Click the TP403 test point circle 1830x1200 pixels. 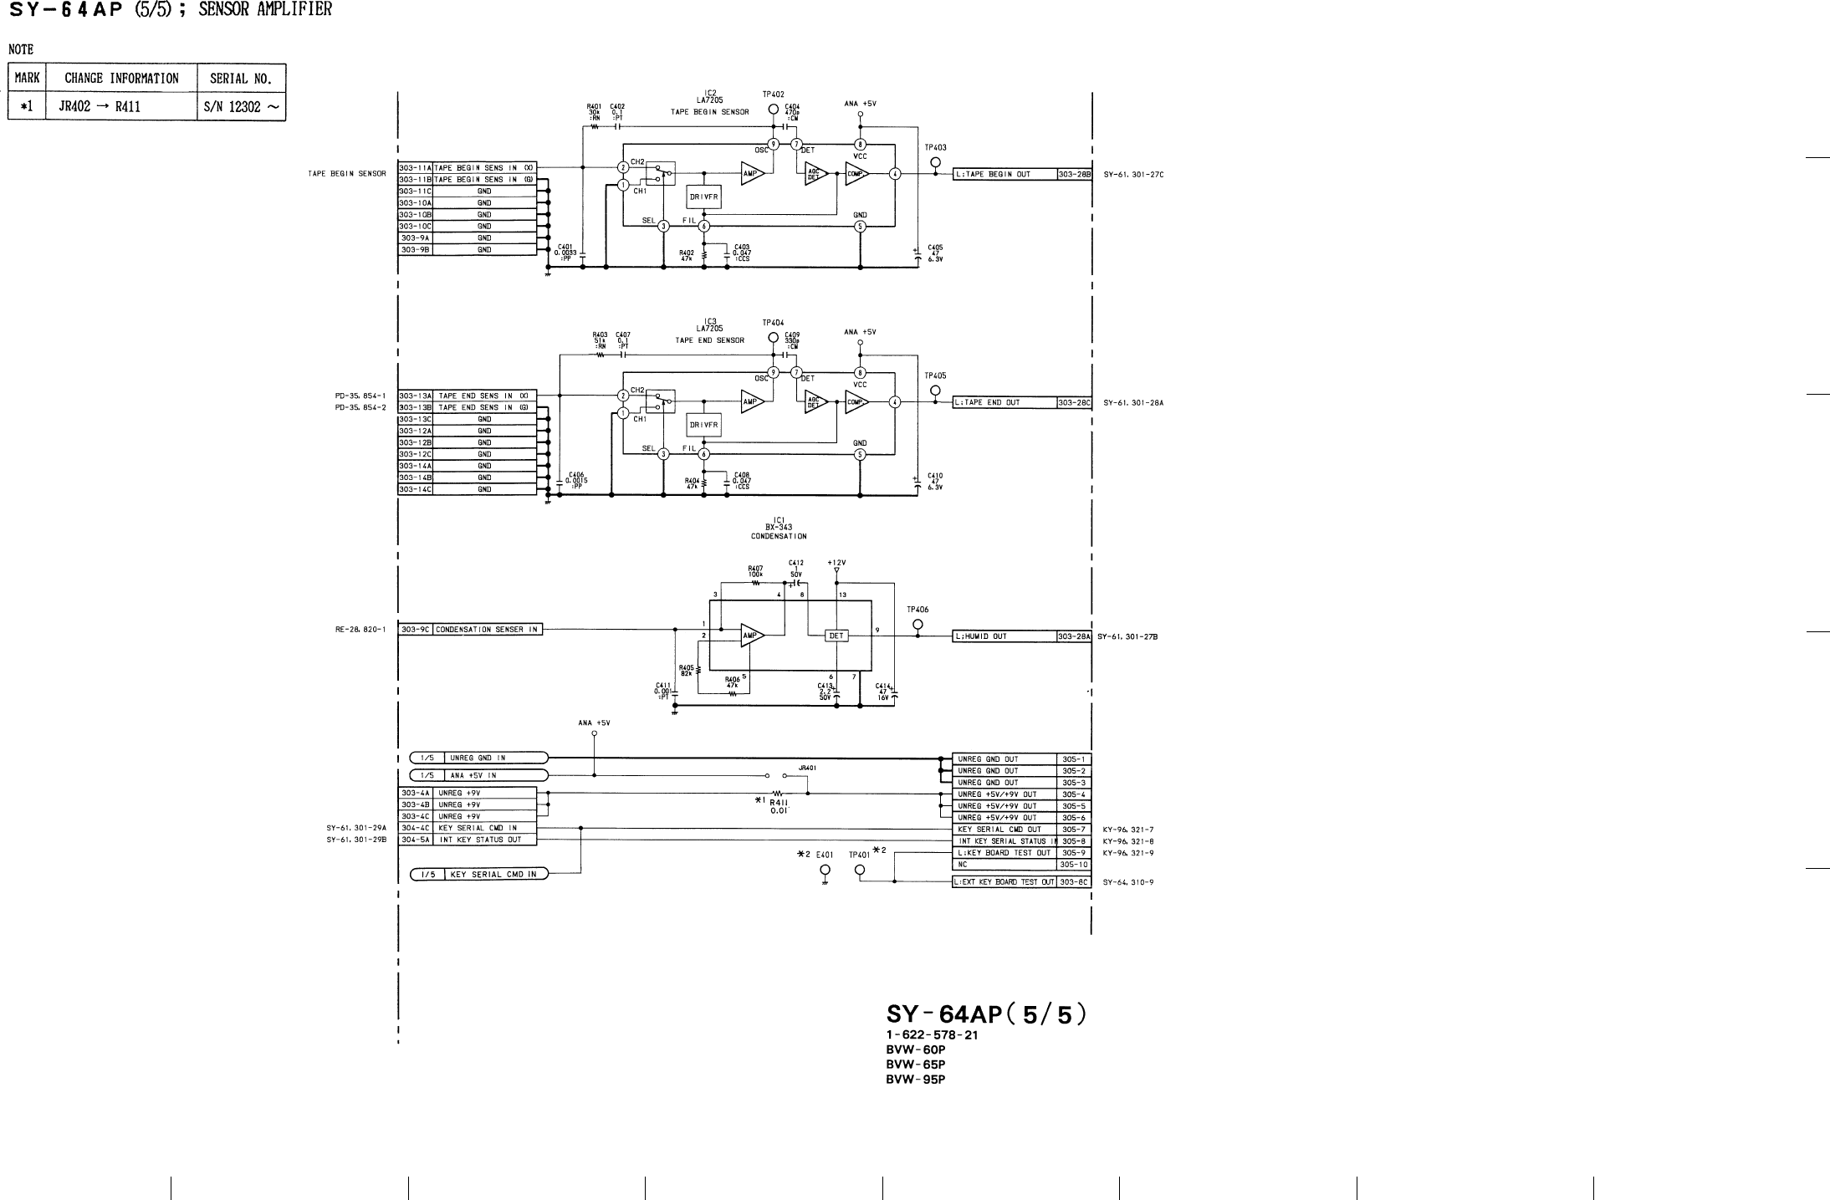click(x=935, y=162)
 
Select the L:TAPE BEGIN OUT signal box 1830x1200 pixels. click(x=1004, y=175)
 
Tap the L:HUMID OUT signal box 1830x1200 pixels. click(x=1004, y=636)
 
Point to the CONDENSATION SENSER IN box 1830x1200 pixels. click(x=487, y=630)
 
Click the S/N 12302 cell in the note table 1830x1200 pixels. click(x=241, y=106)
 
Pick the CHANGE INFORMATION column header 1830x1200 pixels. click(x=121, y=79)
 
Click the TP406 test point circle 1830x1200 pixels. click(x=918, y=624)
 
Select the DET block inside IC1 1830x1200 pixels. click(x=836, y=636)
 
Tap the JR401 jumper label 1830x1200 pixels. click(x=807, y=767)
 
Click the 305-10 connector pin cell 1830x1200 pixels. click(x=1074, y=865)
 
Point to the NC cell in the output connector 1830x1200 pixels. click(x=1004, y=865)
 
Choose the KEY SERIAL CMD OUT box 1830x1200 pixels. click(x=1004, y=830)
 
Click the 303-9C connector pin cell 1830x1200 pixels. click(x=416, y=630)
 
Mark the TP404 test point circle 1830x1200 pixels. click(x=774, y=338)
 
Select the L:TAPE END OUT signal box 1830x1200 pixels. click(x=1004, y=402)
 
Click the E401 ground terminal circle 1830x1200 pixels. click(x=825, y=871)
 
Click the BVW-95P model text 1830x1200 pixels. click(x=915, y=1079)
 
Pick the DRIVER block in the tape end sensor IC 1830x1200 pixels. click(x=703, y=425)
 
